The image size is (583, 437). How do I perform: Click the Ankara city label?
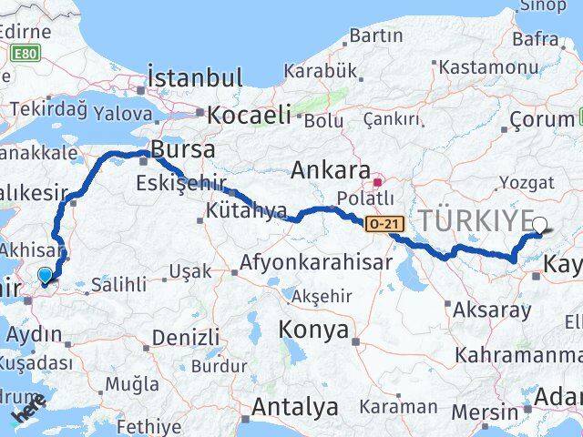coord(329,170)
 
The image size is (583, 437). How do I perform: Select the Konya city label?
coord(313,330)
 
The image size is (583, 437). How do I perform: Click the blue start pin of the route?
coord(46,276)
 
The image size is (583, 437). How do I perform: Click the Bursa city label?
coord(183,148)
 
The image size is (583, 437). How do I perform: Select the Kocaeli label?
coord(249,115)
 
